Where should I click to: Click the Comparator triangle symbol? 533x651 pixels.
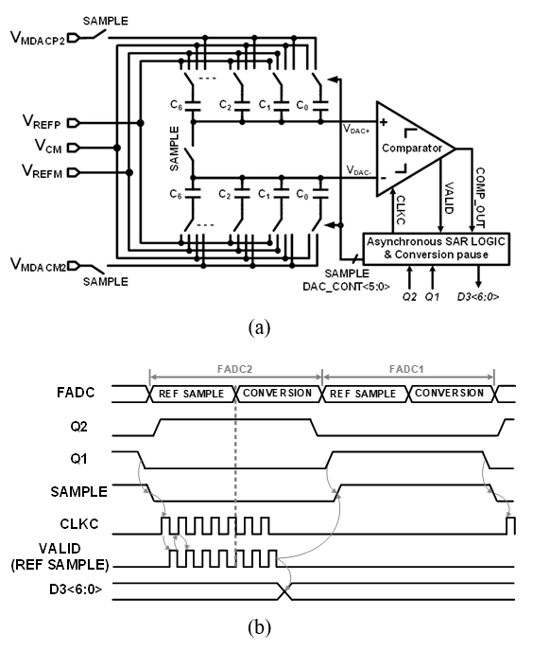pos(415,149)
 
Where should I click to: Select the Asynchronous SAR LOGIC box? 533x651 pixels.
pos(437,248)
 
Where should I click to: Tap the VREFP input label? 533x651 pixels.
pos(42,122)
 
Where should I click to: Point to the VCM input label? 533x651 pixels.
pos(48,147)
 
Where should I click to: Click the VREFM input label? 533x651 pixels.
pos(42,171)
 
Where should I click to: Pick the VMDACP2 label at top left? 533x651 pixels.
pos(38,37)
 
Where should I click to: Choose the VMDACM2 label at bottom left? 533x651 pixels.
pos(38,265)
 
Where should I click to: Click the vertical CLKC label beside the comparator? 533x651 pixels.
pos(400,210)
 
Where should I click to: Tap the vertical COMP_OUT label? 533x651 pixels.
pos(480,197)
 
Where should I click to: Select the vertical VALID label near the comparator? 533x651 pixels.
pos(448,198)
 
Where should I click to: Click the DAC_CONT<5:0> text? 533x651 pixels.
pos(346,287)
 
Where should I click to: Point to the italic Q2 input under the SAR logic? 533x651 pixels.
pos(409,297)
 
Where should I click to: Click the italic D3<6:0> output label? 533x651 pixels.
pos(478,297)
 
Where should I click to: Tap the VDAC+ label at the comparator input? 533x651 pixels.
pos(356,129)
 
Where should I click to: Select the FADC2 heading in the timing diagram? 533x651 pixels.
pos(234,369)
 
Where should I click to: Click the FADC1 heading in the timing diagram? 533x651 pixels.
pos(406,369)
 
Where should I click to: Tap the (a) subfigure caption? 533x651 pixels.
pos(259,328)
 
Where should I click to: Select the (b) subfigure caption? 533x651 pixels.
pos(259,627)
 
